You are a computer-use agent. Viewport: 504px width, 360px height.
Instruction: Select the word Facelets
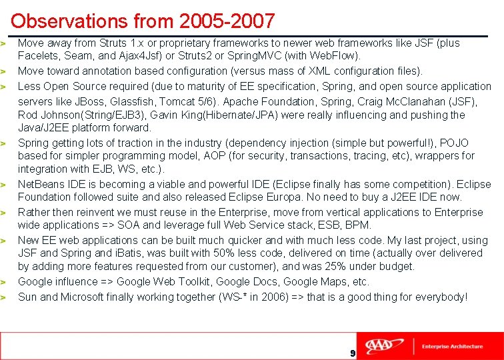(x=38, y=55)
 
